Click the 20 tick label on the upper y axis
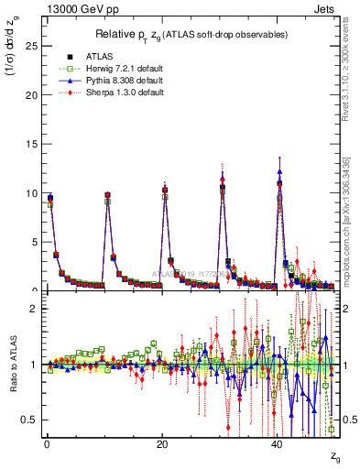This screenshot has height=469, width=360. (x=32, y=95)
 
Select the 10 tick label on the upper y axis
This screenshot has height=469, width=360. (x=32, y=194)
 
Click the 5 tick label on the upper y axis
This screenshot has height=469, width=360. (x=35, y=243)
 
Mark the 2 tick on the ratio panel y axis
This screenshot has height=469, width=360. (x=35, y=309)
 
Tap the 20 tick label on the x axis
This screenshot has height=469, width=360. (x=162, y=445)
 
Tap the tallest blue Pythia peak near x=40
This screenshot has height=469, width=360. (x=279, y=171)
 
